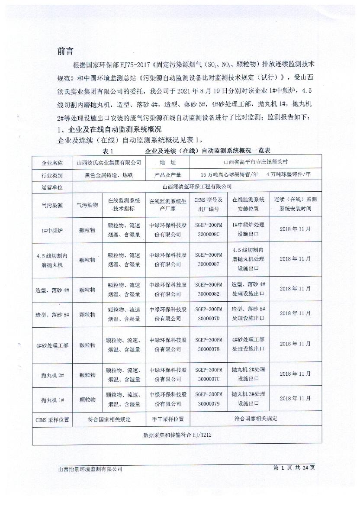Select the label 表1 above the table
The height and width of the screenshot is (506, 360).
[108, 151]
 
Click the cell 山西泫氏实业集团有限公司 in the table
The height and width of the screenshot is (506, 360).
[109, 163]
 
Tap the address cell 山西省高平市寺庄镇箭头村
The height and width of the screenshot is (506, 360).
[255, 162]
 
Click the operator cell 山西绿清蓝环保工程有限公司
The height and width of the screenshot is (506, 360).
[196, 187]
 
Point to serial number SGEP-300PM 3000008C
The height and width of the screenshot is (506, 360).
[208, 230]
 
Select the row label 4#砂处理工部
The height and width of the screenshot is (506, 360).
[52, 345]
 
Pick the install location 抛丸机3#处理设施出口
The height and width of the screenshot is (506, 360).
[248, 399]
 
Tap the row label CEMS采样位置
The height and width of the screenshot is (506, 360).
[52, 419]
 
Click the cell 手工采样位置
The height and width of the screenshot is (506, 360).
[168, 419]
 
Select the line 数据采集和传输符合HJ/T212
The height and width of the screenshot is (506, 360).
[177, 435]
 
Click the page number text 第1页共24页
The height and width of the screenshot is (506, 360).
[294, 468]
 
